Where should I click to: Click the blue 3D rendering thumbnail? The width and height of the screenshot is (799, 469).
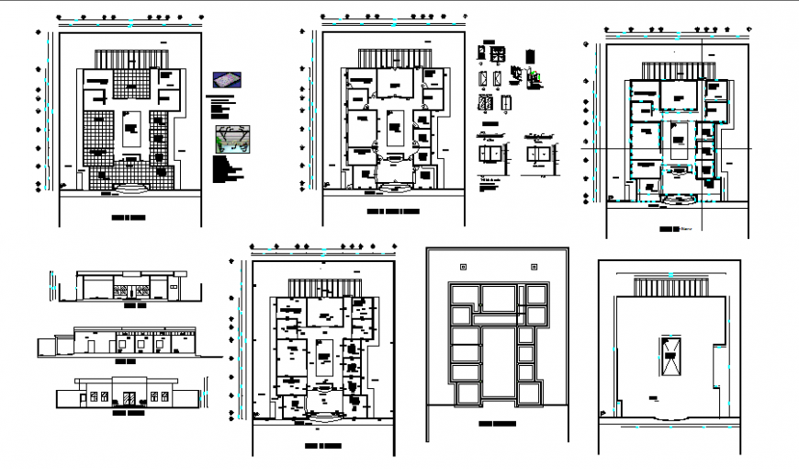coord(224,80)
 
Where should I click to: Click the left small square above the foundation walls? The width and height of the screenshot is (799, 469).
coord(462,267)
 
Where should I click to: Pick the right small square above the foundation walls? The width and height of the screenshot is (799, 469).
coord(532,267)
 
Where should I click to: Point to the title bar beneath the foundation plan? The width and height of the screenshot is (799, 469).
coord(496,424)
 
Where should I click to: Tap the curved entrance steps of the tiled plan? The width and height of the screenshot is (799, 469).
coord(125,189)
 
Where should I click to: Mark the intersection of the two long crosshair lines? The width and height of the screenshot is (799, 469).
coord(702,149)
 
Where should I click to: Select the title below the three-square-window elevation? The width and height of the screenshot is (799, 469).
coord(128,362)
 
